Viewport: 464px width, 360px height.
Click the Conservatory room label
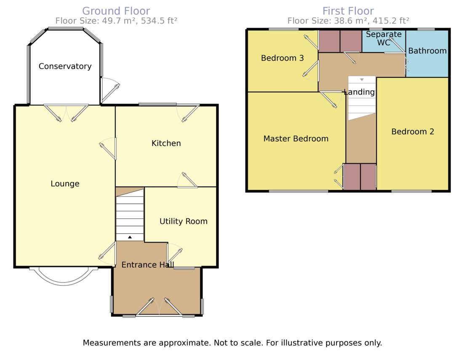(65, 66)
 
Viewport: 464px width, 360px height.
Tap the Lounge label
(65, 184)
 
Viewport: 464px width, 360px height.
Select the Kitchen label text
(166, 143)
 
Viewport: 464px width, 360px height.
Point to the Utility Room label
(184, 221)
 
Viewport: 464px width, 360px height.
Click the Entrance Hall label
(148, 264)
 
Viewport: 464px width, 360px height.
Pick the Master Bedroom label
(296, 139)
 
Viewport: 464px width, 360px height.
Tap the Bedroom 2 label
(413, 132)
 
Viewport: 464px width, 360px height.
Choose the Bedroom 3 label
(282, 58)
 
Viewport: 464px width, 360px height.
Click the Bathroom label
(427, 51)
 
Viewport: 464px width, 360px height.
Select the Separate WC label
(384, 38)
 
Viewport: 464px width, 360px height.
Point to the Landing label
(360, 92)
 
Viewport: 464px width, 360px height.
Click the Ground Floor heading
(116, 11)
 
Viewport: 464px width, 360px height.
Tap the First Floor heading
(348, 11)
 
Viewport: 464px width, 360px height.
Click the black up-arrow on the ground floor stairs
(130, 237)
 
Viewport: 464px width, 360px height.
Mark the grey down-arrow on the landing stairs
(362, 80)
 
